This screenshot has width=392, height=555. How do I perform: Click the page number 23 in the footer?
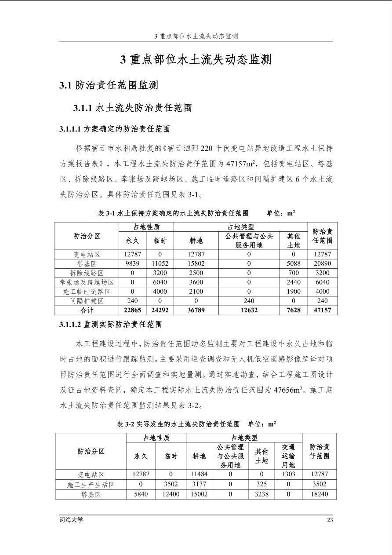[330, 520]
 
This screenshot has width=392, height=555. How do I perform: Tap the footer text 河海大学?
[71, 520]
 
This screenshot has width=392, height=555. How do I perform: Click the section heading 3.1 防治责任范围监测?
[109, 85]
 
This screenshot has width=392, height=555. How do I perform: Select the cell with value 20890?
[322, 264]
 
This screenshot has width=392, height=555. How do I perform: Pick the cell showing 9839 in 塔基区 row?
[132, 264]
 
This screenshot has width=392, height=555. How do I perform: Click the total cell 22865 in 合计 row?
[132, 310]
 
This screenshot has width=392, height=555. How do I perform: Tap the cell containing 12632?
[249, 310]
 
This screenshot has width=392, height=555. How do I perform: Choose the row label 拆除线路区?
[87, 273]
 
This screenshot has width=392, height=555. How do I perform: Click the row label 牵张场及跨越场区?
[87, 282]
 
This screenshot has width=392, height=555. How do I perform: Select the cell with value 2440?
[294, 282]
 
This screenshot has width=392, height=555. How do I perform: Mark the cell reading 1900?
[294, 292]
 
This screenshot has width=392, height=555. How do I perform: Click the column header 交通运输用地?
[288, 456]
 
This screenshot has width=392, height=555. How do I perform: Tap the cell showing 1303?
[288, 475]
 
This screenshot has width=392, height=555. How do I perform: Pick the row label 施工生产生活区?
[91, 484]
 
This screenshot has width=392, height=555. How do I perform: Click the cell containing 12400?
[171, 494]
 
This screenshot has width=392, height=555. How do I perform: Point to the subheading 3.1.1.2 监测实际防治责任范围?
[111, 325]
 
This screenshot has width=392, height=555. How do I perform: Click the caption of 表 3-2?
[196, 424]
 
